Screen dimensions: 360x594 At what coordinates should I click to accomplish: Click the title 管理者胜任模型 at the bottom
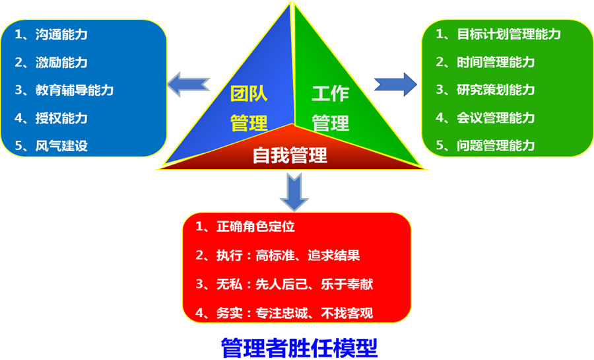coord(299,347)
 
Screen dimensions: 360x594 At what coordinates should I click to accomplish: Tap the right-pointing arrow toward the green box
coord(395,85)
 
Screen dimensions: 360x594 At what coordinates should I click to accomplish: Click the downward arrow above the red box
coord(294,191)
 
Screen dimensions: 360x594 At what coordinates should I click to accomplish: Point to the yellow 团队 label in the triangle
coord(249,94)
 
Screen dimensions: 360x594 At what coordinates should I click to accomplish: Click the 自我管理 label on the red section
coord(290,155)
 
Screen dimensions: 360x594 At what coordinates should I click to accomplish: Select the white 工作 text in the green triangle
coord(330,94)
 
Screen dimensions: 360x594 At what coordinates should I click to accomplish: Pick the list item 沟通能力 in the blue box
coord(61,35)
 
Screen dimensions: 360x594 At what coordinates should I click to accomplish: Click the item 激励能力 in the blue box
coord(61,63)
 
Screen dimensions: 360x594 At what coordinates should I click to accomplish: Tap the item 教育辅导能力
coord(74,90)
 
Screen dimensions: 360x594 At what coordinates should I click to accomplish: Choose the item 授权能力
coord(61,119)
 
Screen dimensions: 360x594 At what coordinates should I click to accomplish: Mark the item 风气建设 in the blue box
coord(61,146)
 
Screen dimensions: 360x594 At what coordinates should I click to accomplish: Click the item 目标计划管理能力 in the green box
coord(508,34)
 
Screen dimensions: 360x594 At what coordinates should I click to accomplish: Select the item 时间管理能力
coord(495,62)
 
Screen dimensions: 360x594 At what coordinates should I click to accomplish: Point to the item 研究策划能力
coord(495,90)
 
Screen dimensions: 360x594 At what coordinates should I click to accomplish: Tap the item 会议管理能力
coord(495,118)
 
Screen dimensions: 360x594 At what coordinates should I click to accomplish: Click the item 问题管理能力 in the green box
coord(495,145)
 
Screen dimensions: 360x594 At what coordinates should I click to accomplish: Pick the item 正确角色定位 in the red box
coord(255,227)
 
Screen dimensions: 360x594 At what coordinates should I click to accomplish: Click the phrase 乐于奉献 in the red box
coord(352,285)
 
